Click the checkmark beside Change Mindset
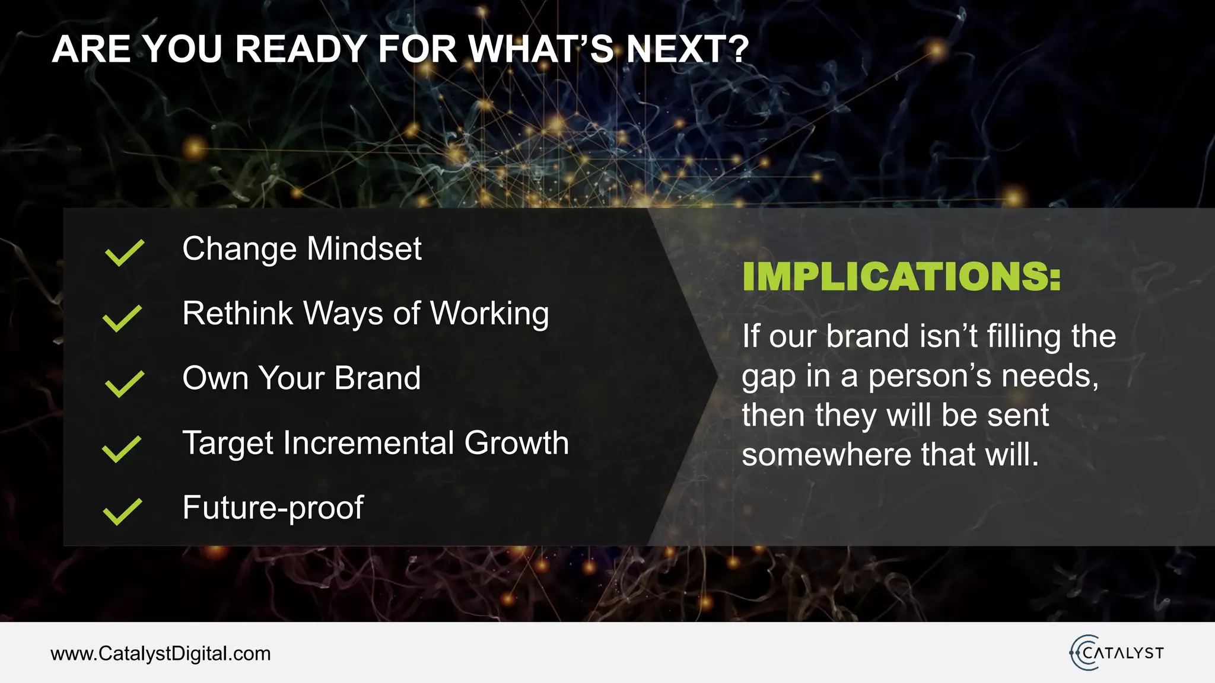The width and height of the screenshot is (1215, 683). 124,253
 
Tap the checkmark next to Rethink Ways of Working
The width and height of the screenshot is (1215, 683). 122,318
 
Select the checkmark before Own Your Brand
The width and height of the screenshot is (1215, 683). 124,384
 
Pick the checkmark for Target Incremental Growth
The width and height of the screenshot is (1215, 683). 122,449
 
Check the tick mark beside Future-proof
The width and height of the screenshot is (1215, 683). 122,512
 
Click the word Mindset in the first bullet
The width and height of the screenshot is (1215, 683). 364,248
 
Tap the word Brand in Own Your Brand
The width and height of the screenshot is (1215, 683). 377,378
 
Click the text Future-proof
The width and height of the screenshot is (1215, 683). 273,508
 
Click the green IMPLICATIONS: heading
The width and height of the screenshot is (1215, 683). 901,277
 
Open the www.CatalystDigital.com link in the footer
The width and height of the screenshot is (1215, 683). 161,653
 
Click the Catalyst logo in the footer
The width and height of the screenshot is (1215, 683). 1117,653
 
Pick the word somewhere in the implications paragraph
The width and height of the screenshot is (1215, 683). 826,455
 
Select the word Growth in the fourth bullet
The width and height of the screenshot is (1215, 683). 516,443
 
